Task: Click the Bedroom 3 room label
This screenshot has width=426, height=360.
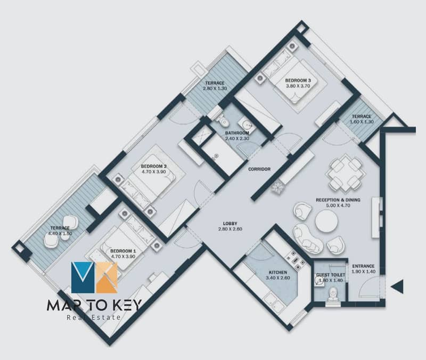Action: click(298, 80)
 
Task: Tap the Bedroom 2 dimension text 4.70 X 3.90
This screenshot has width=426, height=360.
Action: click(153, 171)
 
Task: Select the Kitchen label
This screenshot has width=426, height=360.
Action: click(277, 272)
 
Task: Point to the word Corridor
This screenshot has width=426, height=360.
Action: click(259, 169)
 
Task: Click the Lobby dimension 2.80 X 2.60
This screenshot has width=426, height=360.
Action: click(230, 229)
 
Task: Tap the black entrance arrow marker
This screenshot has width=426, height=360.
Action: click(397, 287)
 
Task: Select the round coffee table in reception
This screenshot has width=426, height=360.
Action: click(326, 222)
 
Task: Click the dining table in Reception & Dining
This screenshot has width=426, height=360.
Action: click(345, 172)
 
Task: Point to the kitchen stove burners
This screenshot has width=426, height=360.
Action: click(294, 261)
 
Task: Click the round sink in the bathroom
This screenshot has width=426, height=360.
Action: click(248, 125)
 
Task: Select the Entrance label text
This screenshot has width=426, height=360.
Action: click(363, 266)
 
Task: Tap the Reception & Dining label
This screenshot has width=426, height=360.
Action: click(338, 200)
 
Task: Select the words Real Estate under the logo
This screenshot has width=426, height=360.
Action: click(94, 317)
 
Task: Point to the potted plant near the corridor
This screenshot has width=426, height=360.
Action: click(277, 188)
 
